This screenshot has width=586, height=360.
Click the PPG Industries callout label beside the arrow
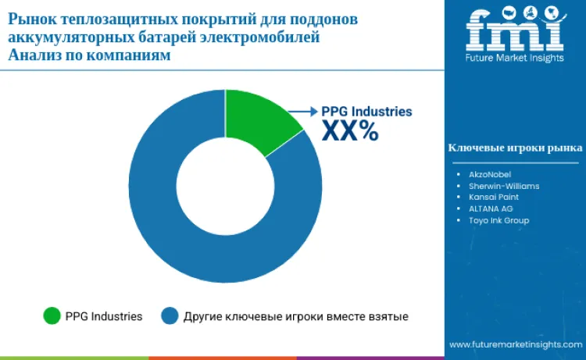tap(366, 112)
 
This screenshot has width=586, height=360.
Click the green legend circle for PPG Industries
tap(52, 316)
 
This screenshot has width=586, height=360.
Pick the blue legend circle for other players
tap(170, 316)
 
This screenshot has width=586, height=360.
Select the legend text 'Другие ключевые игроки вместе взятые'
tap(295, 316)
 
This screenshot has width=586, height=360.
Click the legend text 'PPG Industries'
tap(103, 316)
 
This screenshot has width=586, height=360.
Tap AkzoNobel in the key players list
tap(491, 174)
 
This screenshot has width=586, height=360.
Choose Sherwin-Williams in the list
tap(504, 186)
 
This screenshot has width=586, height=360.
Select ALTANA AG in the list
tap(491, 209)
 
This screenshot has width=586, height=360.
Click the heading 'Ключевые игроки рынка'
tap(514, 148)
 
